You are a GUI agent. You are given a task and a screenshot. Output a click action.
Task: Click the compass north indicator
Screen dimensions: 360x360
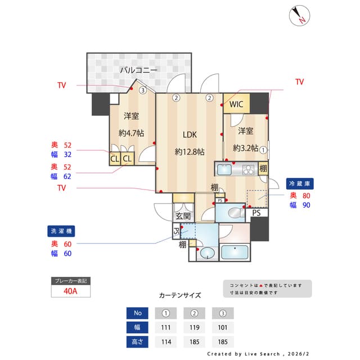299,16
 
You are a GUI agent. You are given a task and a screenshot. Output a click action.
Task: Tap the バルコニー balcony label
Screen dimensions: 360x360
138,70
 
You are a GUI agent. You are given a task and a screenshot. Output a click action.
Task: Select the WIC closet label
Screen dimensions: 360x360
236,105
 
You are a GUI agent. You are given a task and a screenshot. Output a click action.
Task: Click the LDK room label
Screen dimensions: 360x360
189,134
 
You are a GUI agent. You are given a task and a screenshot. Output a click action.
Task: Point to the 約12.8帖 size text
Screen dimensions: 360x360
189,152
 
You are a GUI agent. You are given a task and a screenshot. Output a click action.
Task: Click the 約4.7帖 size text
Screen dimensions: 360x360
131,133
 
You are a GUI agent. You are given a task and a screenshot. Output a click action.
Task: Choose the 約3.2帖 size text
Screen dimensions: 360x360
245,148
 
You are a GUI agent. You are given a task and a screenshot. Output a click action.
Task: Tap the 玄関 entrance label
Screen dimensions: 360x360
183,216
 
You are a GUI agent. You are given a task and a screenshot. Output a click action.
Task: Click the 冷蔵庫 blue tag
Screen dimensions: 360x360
300,183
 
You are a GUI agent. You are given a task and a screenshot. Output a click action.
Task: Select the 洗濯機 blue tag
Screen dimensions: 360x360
61,231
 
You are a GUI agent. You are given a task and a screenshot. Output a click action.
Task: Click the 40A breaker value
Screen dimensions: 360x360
71,291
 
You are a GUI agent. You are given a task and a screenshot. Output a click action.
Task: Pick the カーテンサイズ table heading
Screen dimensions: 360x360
180,295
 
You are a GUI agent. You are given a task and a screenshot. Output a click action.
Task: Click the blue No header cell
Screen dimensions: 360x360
137,313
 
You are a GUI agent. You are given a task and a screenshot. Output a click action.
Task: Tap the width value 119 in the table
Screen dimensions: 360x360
194,327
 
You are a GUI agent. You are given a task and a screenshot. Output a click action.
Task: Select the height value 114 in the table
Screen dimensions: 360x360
166,341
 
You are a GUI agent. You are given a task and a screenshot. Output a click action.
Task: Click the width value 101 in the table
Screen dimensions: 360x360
223,327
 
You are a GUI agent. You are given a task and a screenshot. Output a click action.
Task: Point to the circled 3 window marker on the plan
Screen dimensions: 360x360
143,89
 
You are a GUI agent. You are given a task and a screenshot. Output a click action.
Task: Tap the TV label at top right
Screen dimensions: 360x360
299,82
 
